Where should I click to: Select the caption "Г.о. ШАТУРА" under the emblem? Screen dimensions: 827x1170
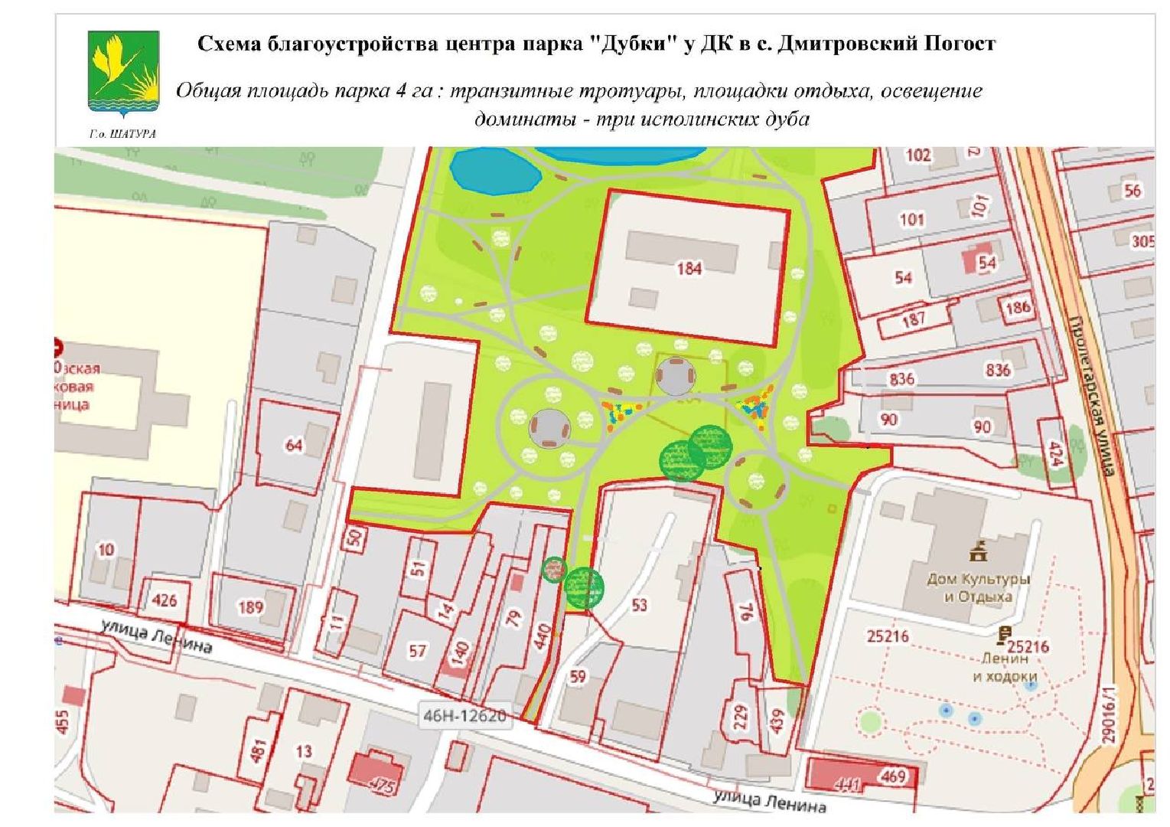(x=122, y=134)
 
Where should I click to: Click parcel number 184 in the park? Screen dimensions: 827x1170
(x=689, y=268)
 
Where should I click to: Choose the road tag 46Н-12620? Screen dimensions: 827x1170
(x=464, y=716)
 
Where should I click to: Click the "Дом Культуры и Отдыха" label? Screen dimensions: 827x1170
(x=978, y=587)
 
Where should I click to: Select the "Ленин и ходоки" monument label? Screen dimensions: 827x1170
(x=1005, y=666)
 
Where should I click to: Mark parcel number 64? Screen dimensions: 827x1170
(x=294, y=444)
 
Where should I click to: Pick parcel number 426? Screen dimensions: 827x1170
(x=165, y=600)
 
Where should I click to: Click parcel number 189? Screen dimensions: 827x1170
(x=250, y=607)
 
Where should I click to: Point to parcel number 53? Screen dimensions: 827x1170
(x=639, y=605)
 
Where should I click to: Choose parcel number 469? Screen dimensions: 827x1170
(x=893, y=776)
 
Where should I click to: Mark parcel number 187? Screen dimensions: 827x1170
(x=914, y=319)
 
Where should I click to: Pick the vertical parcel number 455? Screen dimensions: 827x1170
(x=63, y=721)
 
